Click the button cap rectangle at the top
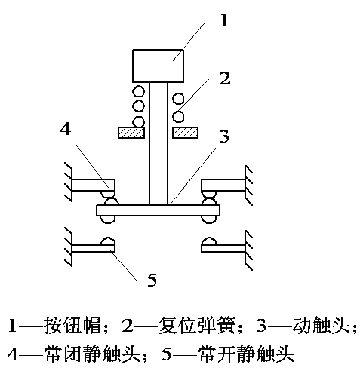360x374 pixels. [x=158, y=66]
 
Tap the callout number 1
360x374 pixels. [x=224, y=20]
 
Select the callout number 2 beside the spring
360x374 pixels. [x=225, y=78]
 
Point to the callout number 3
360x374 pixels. [x=223, y=136]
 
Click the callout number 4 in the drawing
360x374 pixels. [x=66, y=129]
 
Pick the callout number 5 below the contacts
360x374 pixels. [x=152, y=280]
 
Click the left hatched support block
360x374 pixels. [x=131, y=133]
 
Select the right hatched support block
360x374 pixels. [x=185, y=133]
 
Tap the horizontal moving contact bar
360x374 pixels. [x=158, y=210]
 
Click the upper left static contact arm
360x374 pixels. [x=94, y=185]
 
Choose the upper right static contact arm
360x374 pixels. [x=223, y=185]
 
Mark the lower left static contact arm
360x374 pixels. [x=94, y=248]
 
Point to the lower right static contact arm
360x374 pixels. [x=223, y=248]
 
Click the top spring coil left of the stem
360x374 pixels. [x=138, y=91]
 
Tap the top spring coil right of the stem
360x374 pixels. [x=178, y=99]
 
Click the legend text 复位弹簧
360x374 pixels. [x=197, y=326]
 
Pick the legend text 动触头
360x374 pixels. [x=321, y=326]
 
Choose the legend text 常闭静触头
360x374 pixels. [x=92, y=354]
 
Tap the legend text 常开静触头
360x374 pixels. [x=246, y=354]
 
